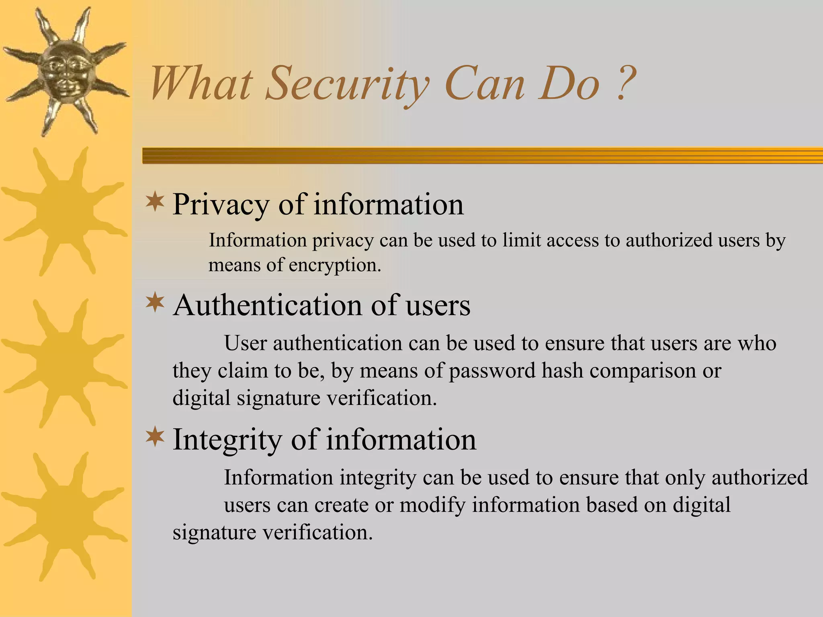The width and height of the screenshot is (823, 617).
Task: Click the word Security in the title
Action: (347, 84)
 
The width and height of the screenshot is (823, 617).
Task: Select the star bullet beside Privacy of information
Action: (155, 202)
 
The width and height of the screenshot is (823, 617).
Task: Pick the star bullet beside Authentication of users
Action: (155, 304)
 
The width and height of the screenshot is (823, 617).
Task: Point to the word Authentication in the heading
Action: (268, 305)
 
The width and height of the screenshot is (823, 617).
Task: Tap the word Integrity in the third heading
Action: (227, 440)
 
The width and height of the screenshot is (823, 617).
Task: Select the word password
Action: (492, 370)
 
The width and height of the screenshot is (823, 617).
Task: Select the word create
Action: (341, 505)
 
